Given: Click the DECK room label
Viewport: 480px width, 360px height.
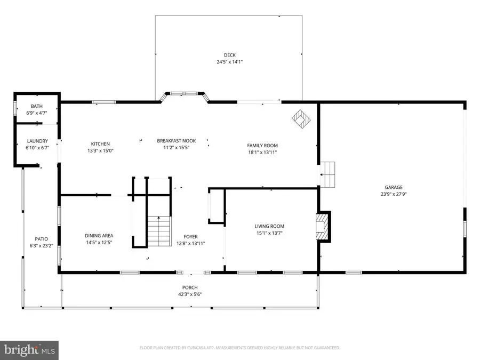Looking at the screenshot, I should (x=229, y=55).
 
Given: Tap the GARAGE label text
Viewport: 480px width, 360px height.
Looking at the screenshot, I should (x=394, y=187).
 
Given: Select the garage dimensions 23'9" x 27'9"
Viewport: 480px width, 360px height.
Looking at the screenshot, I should (x=394, y=194).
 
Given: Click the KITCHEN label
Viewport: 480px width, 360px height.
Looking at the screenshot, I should (x=100, y=144).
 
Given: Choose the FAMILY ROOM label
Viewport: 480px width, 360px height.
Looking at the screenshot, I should (x=262, y=146).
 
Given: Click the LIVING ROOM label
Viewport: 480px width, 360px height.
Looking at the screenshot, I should (x=269, y=226).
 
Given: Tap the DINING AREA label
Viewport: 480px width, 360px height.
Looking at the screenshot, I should (x=99, y=236).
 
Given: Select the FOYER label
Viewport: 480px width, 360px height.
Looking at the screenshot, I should (x=190, y=236).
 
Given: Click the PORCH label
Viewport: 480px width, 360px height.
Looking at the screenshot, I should (x=190, y=287).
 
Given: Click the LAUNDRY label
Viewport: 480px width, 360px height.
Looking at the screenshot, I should (x=37, y=141).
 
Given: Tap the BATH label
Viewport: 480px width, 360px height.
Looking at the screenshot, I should (x=37, y=106).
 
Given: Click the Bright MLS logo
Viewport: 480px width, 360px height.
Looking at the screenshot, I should (x=29, y=350).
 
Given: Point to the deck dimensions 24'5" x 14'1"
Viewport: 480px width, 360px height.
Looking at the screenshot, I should (x=229, y=62).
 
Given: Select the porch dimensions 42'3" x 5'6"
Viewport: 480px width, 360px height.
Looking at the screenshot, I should (x=190, y=294).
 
